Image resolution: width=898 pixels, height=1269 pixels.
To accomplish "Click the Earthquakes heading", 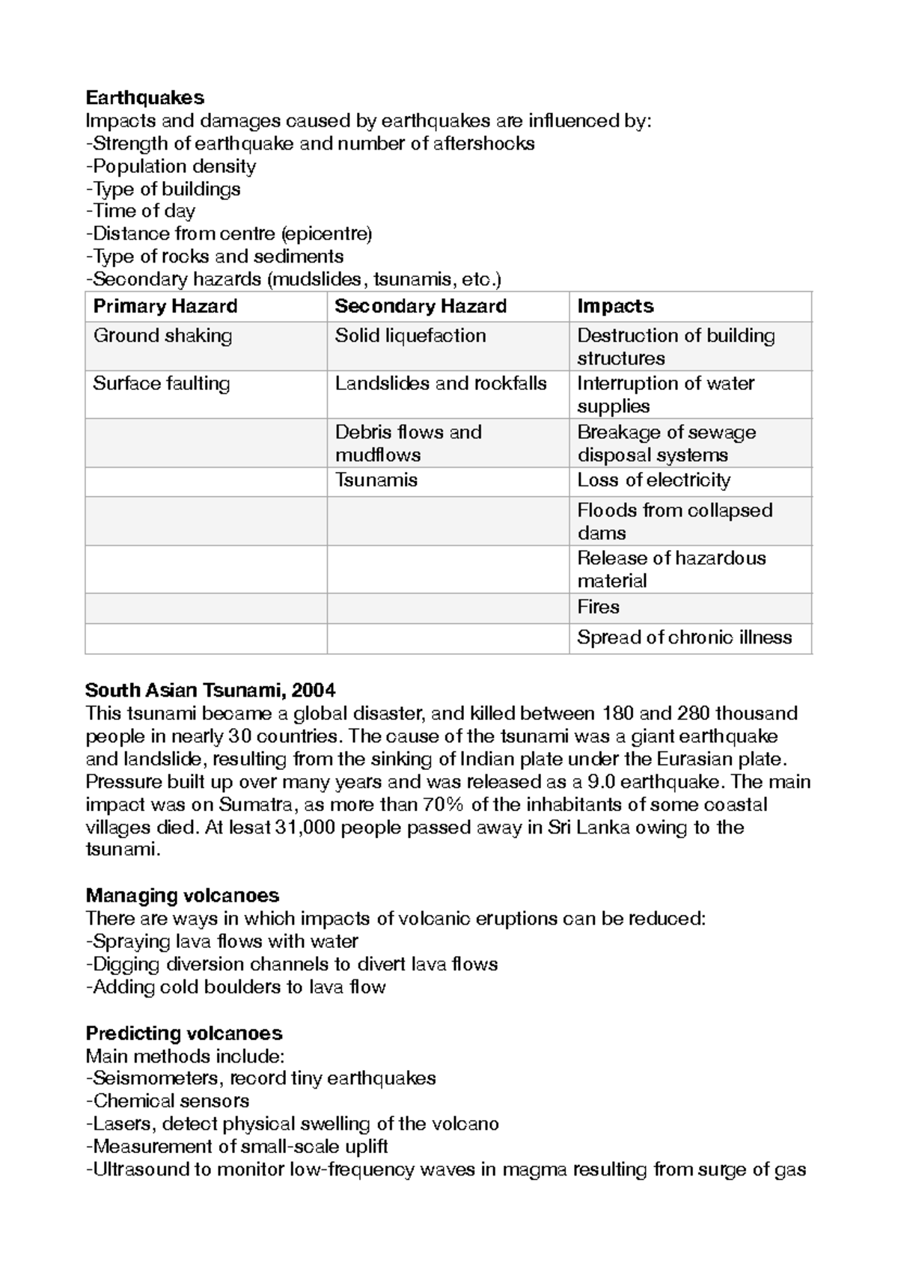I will [144, 97].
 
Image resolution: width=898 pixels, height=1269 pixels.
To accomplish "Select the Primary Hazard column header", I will [165, 306].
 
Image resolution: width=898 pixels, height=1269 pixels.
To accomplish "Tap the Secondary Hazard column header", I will [421, 306].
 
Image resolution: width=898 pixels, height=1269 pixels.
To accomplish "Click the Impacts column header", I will [615, 306].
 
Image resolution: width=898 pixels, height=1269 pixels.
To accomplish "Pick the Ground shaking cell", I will [162, 336].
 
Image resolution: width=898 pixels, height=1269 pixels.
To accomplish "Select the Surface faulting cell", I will [161, 384].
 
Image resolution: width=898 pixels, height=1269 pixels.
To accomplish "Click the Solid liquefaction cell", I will [410, 336].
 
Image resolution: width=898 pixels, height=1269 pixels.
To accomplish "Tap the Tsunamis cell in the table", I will [376, 480].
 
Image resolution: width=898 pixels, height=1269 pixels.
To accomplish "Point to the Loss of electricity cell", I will [653, 480].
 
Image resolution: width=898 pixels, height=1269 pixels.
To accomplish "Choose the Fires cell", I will [598, 607].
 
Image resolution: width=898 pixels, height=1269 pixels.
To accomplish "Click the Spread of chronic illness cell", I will [684, 637].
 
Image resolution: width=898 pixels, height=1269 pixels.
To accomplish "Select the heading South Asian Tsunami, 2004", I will [210, 689].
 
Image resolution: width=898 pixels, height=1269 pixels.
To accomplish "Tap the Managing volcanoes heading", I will [182, 896].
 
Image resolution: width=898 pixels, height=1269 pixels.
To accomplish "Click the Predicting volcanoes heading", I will [183, 1033].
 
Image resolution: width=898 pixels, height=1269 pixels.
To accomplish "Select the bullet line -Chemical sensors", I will [168, 1101].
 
